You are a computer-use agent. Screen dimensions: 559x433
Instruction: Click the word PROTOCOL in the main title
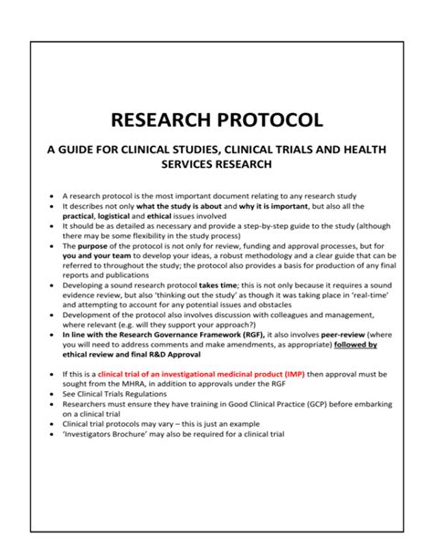[x=269, y=120]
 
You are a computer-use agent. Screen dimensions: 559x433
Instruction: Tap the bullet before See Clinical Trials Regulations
[x=51, y=396]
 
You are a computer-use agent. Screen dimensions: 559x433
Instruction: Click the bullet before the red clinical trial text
[x=51, y=376]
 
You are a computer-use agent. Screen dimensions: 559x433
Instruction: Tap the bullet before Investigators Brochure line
[x=51, y=435]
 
